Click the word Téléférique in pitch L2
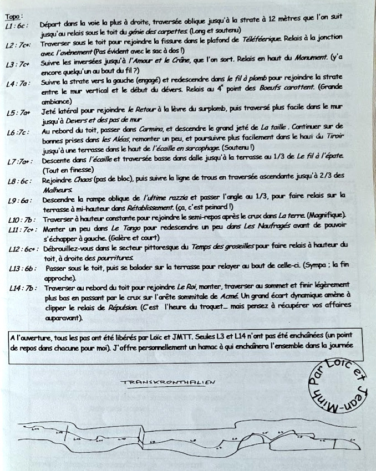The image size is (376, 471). pos(260,40)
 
